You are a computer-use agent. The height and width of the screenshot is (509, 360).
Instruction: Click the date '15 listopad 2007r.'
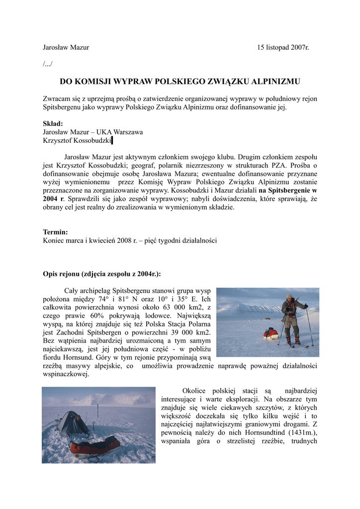pos(283,48)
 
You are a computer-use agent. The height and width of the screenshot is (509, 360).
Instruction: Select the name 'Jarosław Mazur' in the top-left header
pos(66,48)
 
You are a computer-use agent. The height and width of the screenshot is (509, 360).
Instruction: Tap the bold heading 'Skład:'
pos(53,124)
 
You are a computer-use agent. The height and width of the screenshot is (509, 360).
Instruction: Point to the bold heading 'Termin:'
pos(56,232)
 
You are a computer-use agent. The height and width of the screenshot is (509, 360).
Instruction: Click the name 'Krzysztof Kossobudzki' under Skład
pos(77,141)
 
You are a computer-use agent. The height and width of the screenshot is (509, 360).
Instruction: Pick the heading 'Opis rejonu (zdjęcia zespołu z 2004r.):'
pos(102,274)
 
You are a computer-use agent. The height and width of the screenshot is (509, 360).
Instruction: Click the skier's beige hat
pos(289,296)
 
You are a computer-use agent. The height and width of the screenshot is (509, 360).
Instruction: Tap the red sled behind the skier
pos(271,333)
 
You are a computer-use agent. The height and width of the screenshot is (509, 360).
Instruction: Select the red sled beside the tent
pos(95,446)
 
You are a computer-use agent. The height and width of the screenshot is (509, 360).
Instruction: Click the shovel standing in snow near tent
pos(93,425)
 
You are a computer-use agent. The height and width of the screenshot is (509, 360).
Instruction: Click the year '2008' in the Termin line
pos(124,240)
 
